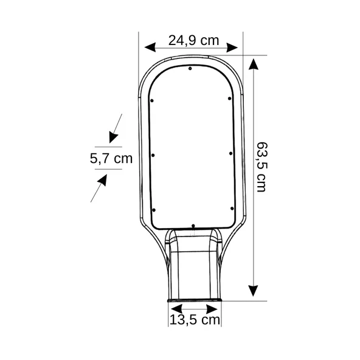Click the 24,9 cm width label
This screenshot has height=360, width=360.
tap(193, 40)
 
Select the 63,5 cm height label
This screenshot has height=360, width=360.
tap(261, 167)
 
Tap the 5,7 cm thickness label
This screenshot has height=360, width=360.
tap(111, 159)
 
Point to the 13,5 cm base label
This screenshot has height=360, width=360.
tap(195, 320)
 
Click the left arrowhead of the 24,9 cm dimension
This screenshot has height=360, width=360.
tap(150, 47)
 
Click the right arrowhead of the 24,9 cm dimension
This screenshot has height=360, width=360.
tap(232, 47)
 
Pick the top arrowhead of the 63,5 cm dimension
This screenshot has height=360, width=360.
tap(253, 64)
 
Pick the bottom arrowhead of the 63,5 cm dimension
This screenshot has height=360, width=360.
tap(253, 291)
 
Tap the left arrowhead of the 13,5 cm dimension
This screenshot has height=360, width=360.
tap(177, 309)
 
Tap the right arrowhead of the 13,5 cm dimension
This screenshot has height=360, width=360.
tap(212, 309)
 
